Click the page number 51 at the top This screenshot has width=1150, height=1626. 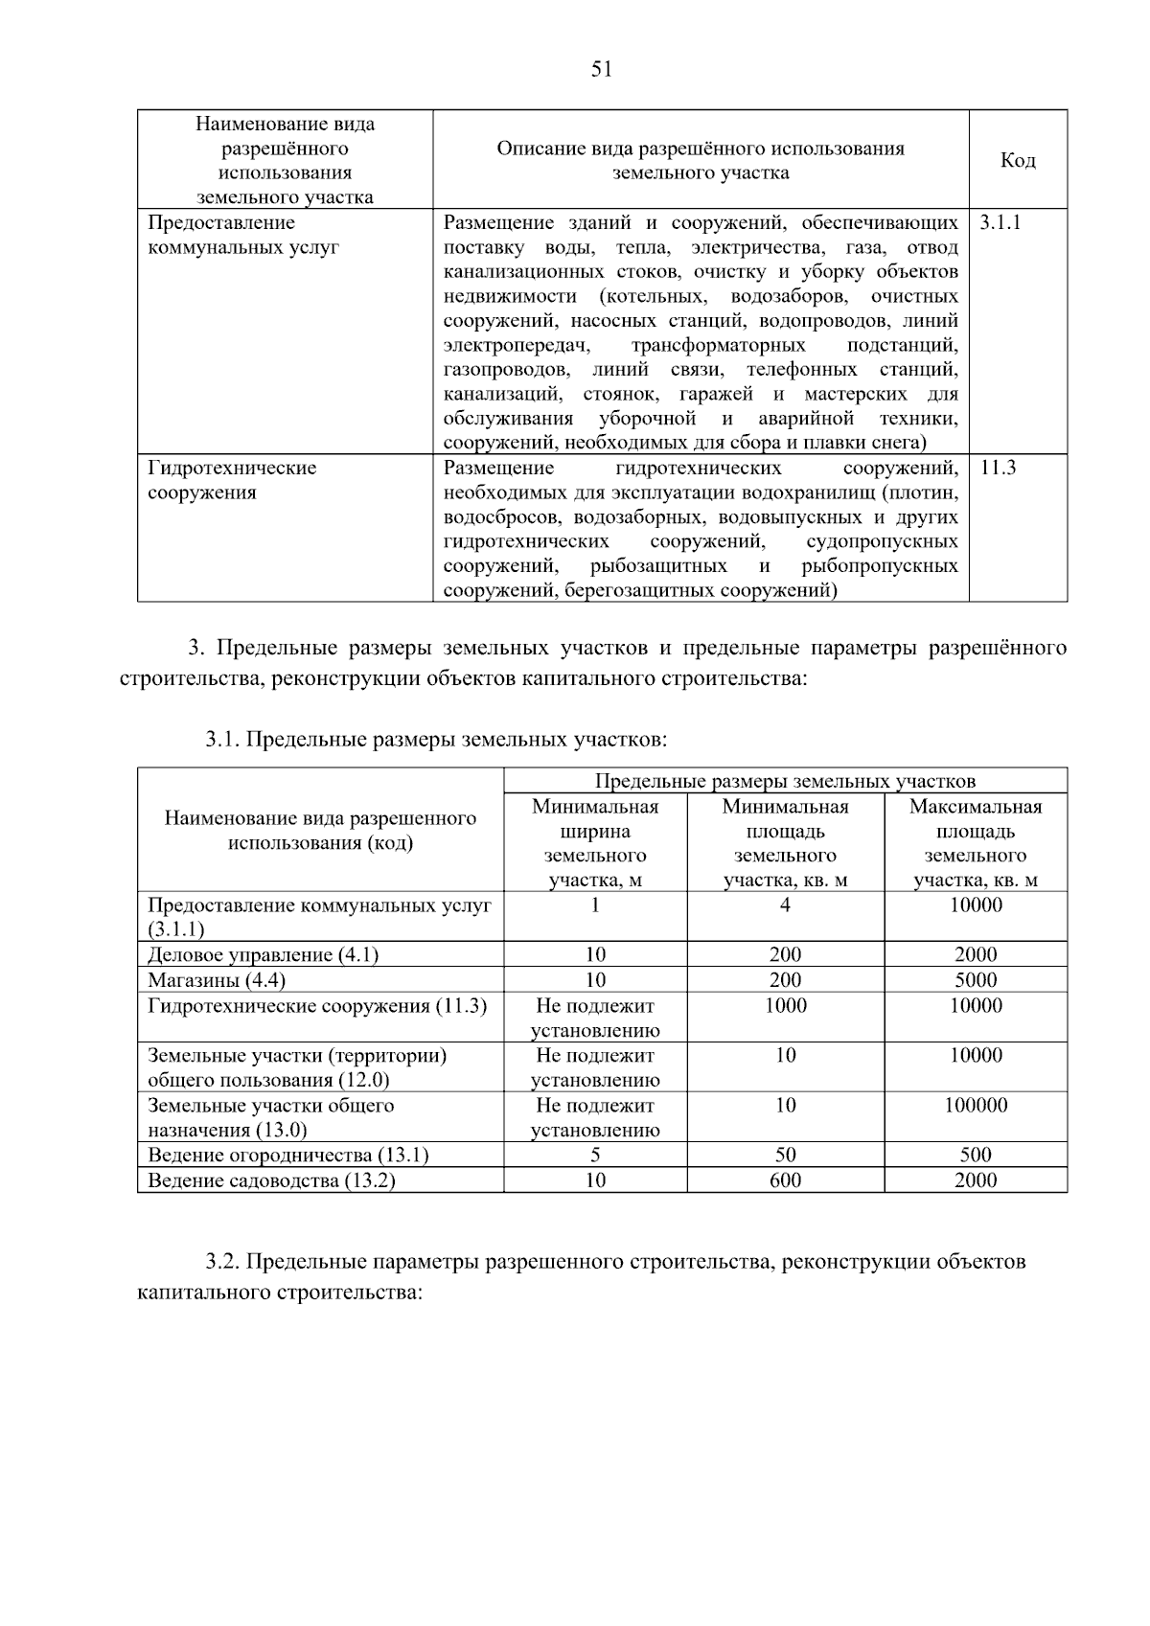(602, 69)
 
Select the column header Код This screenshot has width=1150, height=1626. (1018, 160)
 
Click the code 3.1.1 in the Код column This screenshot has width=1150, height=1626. (1000, 222)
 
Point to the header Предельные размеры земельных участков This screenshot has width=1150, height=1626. (785, 781)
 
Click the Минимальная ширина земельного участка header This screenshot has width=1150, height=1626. (595, 843)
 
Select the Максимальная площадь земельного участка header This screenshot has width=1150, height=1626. (976, 843)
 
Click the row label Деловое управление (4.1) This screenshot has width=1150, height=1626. (263, 954)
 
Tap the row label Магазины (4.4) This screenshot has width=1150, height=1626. (217, 979)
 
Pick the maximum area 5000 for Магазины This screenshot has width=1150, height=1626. (976, 979)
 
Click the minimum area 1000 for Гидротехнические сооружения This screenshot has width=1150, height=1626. (785, 1005)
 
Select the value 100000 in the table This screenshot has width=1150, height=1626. (976, 1105)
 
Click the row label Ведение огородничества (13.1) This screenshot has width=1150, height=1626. (287, 1155)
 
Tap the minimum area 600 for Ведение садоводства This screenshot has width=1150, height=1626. (785, 1179)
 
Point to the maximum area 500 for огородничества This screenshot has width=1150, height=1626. (976, 1155)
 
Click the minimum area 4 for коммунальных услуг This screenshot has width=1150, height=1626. (785, 905)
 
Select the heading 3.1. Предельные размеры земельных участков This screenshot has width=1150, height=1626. (435, 740)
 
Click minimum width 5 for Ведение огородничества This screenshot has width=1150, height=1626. (595, 1155)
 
